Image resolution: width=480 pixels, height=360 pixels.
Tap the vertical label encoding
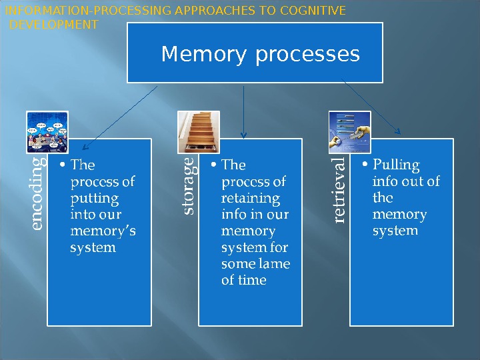(x=37, y=193)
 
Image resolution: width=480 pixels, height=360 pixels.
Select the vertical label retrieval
(x=339, y=189)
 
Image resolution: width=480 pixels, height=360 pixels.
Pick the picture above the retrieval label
(x=350, y=131)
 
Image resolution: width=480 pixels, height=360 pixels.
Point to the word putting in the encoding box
(x=94, y=198)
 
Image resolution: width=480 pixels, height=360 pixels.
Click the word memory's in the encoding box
(x=103, y=231)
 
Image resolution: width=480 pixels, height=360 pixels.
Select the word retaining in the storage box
(x=250, y=198)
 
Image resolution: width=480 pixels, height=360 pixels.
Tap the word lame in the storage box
(x=275, y=264)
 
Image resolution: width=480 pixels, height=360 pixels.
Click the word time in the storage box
(x=252, y=281)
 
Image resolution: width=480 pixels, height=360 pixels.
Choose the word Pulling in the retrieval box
(x=396, y=165)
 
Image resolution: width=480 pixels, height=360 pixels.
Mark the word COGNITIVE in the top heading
(x=314, y=11)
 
